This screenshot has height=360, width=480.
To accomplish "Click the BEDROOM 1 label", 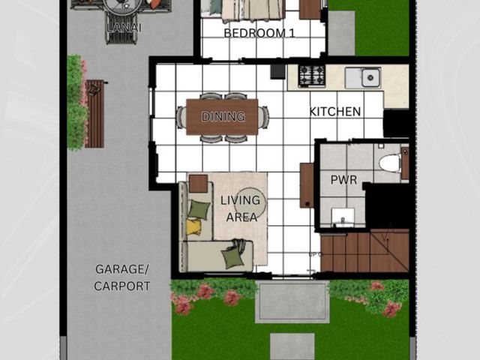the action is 259,33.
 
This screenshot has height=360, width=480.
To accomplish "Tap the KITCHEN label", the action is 335,112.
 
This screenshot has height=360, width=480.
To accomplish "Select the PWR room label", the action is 343,180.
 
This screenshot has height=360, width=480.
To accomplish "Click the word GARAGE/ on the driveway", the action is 121,269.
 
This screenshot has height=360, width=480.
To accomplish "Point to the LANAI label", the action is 124,28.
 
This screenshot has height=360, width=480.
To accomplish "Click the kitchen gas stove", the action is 311,76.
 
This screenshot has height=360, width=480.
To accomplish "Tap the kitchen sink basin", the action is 370,77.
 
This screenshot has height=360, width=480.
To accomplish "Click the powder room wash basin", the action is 343,217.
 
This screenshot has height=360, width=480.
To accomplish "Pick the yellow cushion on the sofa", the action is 193,226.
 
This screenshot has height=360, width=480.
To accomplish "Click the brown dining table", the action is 222,117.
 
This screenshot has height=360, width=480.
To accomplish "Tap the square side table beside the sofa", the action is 198,184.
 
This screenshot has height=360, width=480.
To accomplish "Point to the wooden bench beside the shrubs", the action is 95,114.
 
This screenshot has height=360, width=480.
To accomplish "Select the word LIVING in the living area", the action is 240,200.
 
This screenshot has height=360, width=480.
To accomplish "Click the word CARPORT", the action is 121,286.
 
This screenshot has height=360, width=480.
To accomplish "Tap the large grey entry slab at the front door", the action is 292,301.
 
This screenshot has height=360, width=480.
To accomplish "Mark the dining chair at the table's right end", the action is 263,117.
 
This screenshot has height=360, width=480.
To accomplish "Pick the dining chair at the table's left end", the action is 181,117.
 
